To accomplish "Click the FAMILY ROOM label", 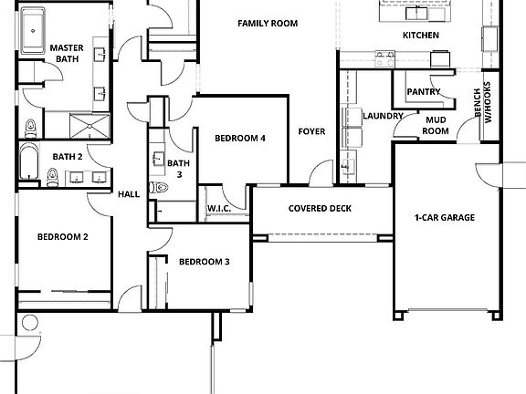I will [268, 23].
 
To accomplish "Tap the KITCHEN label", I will [421, 36].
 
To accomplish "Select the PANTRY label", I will [424, 91].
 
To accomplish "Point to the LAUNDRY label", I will [383, 117].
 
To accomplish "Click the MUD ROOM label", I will [436, 125].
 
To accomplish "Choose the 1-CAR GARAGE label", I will [445, 217].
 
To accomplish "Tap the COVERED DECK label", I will [320, 208].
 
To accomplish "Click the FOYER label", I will [311, 132].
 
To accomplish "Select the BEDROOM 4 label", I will [240, 139].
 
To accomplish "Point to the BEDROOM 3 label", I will [204, 262].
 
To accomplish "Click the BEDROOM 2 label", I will [62, 237].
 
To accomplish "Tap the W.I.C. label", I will [218, 209].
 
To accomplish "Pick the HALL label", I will [129, 193].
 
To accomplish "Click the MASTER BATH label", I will [66, 53].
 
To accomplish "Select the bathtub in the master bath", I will [34, 34].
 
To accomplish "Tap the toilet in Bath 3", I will [162, 188].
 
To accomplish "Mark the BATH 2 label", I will [68, 157].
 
